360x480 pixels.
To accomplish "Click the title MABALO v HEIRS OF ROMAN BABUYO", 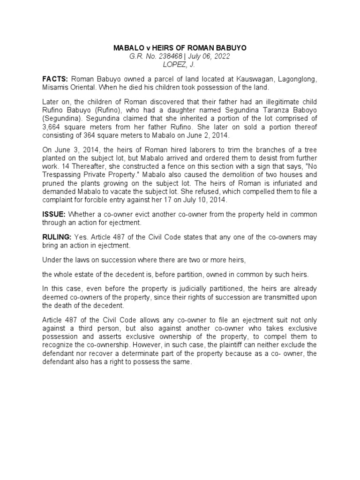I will pos(180,48).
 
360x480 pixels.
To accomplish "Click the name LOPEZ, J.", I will pos(180,64).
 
